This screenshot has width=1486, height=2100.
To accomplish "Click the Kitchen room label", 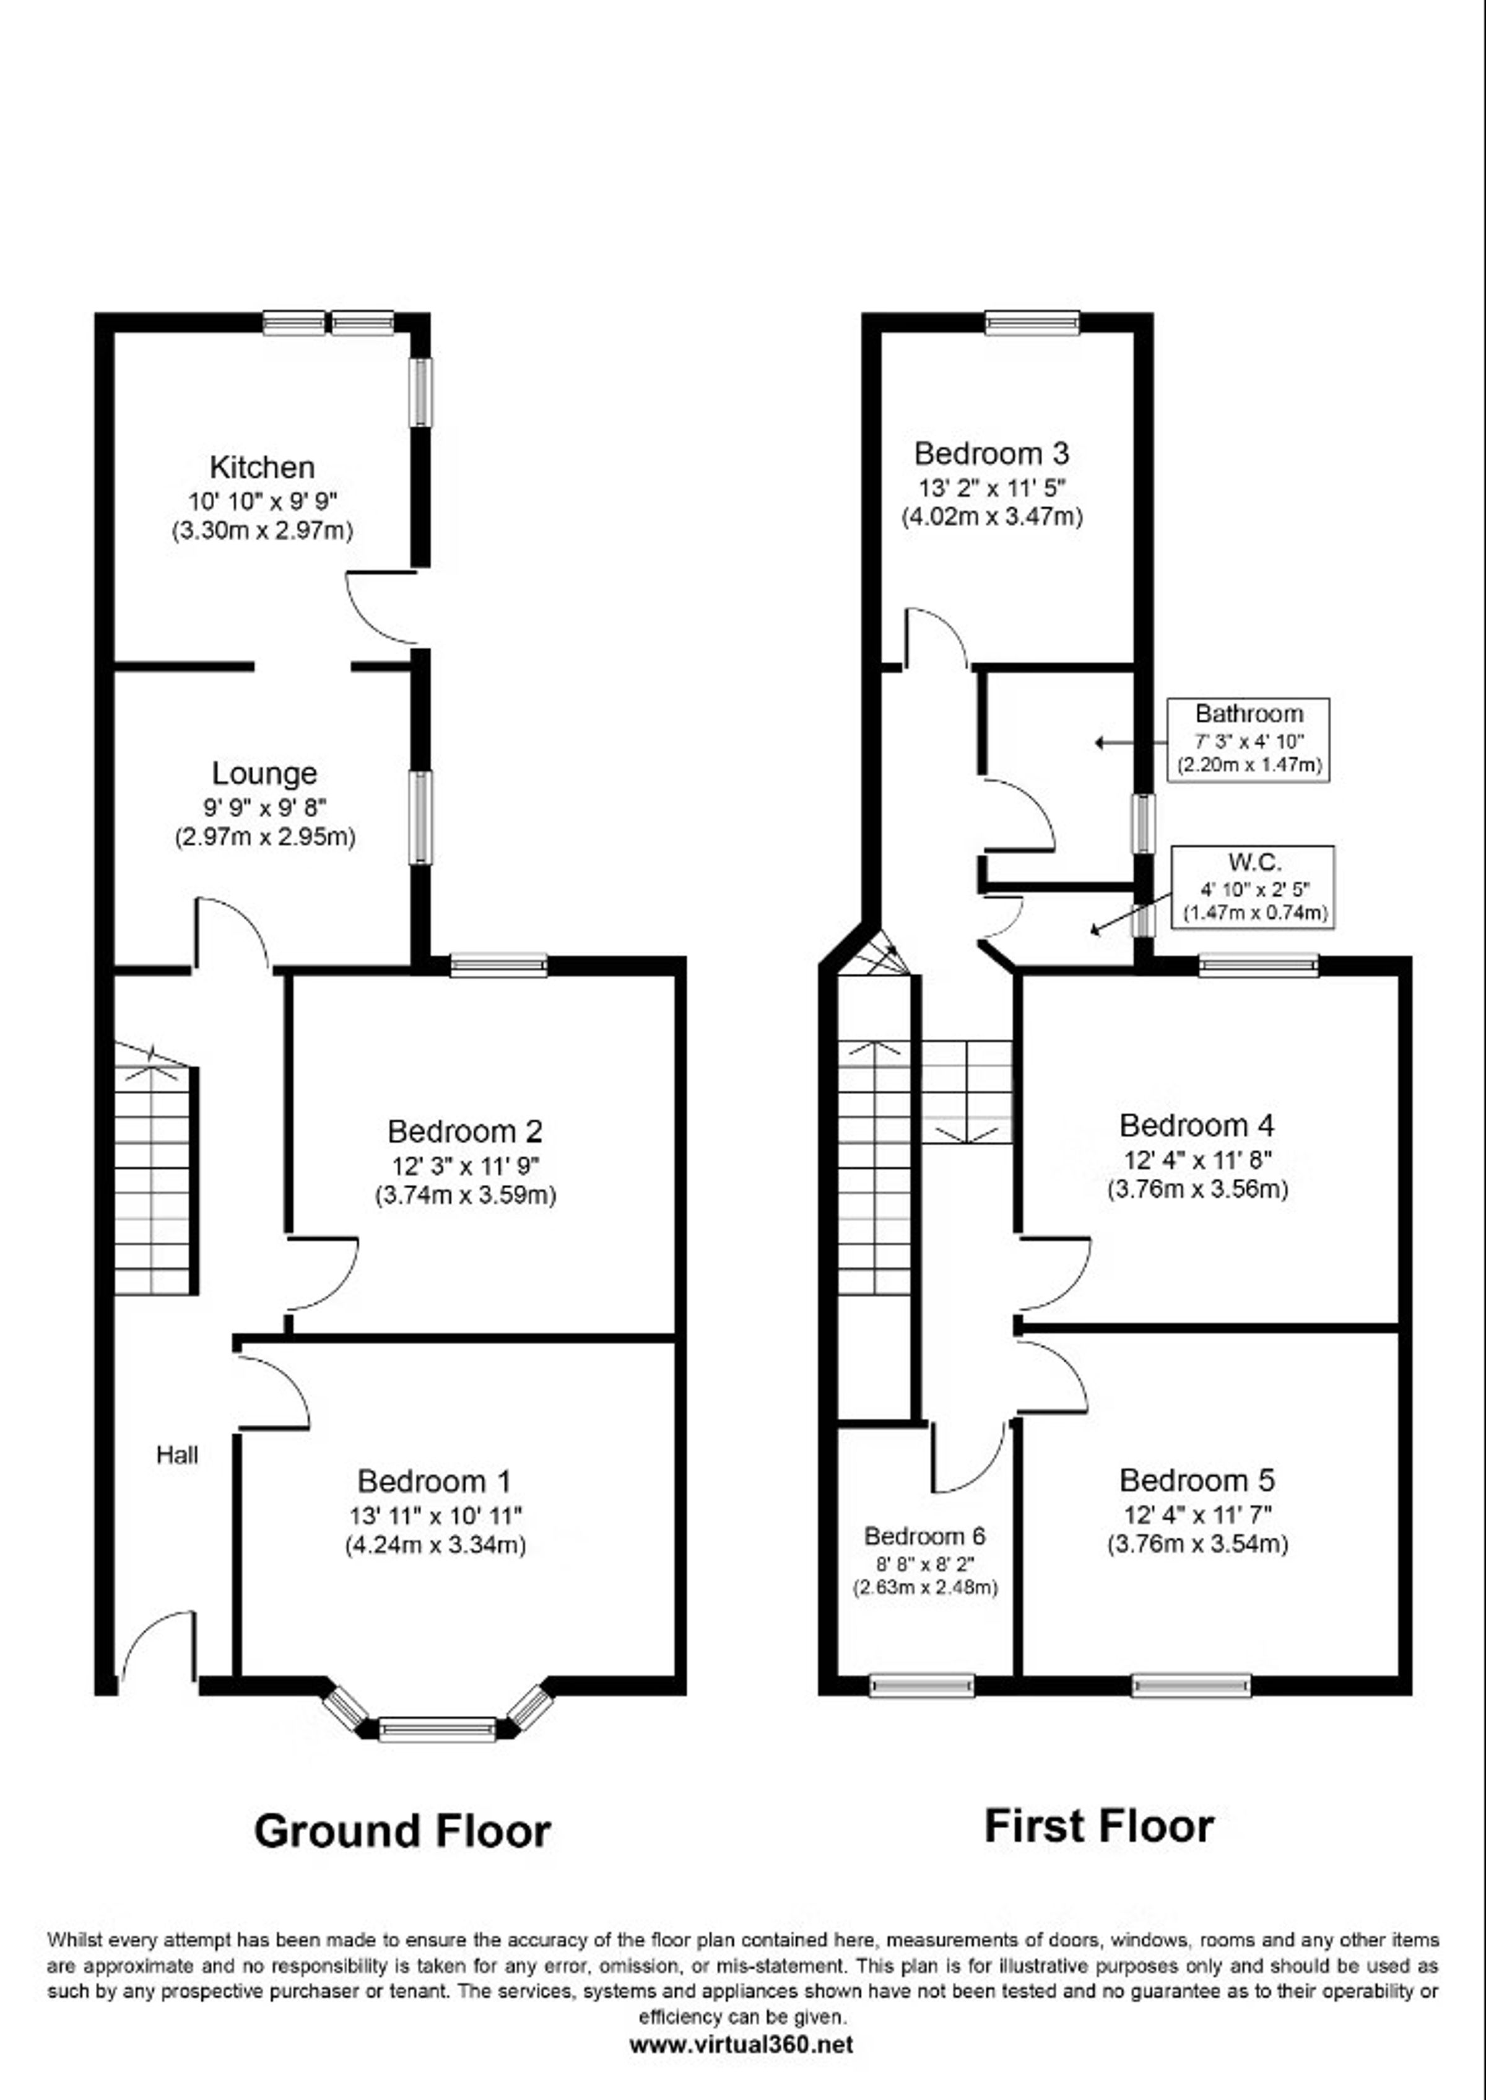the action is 263,468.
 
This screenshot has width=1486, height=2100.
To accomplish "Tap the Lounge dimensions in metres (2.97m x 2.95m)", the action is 266,837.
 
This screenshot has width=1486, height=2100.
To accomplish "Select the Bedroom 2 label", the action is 465,1132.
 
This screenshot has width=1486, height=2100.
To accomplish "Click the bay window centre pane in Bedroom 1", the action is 437,1730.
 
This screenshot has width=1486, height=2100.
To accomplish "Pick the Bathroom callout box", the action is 1249,740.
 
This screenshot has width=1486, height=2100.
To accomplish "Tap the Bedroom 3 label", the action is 992,454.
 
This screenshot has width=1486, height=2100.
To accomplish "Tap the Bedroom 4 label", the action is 1197,1125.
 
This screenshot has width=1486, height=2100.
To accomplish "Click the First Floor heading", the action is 1099,1826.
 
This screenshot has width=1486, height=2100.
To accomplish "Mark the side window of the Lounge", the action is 420,818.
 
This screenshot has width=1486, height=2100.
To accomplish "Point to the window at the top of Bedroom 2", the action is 498,965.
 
